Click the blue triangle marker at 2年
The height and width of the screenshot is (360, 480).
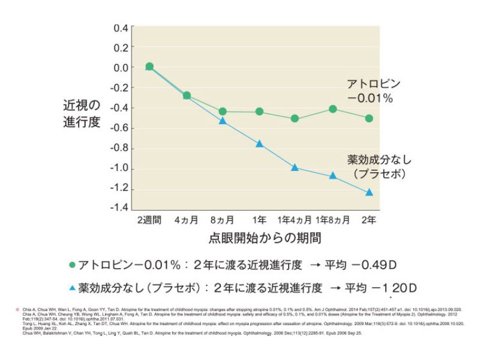[x=369, y=192]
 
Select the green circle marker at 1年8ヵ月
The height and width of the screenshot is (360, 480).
[x=333, y=109]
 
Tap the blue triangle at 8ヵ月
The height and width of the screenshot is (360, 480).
[x=223, y=121]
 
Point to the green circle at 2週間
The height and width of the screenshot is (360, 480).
[x=149, y=67]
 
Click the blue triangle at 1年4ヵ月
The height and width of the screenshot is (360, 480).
[x=295, y=167]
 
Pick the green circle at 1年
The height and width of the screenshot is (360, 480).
[x=259, y=112]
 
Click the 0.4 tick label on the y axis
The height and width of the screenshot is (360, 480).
[x=121, y=28]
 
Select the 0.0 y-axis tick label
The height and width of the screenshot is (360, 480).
[x=121, y=68]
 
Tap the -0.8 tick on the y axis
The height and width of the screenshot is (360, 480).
[x=119, y=148]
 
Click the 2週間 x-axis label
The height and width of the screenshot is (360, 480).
[x=149, y=220]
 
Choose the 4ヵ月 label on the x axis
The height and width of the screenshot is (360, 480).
[x=186, y=220]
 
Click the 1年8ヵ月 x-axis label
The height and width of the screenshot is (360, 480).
[x=332, y=220]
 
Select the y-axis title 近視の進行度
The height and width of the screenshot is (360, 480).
[x=82, y=113]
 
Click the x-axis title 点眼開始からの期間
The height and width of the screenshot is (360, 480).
[x=259, y=238]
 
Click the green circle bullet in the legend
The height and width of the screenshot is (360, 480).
[x=72, y=265]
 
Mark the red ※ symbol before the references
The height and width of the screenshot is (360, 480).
[x=18, y=310]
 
